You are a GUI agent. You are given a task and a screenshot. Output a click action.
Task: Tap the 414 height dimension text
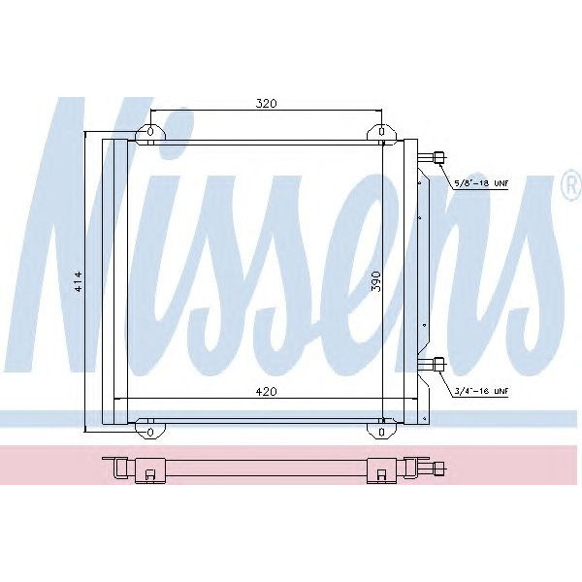79,281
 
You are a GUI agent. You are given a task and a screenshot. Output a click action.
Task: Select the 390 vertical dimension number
374,281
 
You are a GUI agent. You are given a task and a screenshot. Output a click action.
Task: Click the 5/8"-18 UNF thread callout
481,182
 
